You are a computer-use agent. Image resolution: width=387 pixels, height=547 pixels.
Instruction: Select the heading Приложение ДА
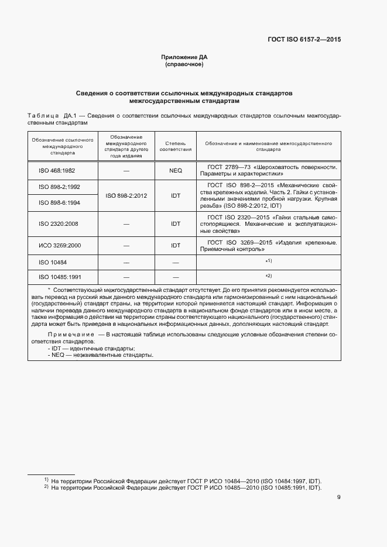184,57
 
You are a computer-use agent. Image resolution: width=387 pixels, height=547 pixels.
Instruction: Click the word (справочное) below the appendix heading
184,64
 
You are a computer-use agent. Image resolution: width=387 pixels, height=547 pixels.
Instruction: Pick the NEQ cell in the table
176,170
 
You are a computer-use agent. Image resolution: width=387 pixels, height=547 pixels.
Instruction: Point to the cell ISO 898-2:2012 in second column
126,195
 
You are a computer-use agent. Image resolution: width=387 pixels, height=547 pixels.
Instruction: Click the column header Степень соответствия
176,146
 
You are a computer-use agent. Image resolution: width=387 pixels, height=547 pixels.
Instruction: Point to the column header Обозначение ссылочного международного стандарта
63,146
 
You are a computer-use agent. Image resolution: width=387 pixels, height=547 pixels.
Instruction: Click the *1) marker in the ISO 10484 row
269,261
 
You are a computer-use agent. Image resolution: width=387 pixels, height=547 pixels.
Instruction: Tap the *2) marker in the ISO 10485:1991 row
269,276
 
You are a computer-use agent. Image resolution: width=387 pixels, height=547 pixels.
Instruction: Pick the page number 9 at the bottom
338,497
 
